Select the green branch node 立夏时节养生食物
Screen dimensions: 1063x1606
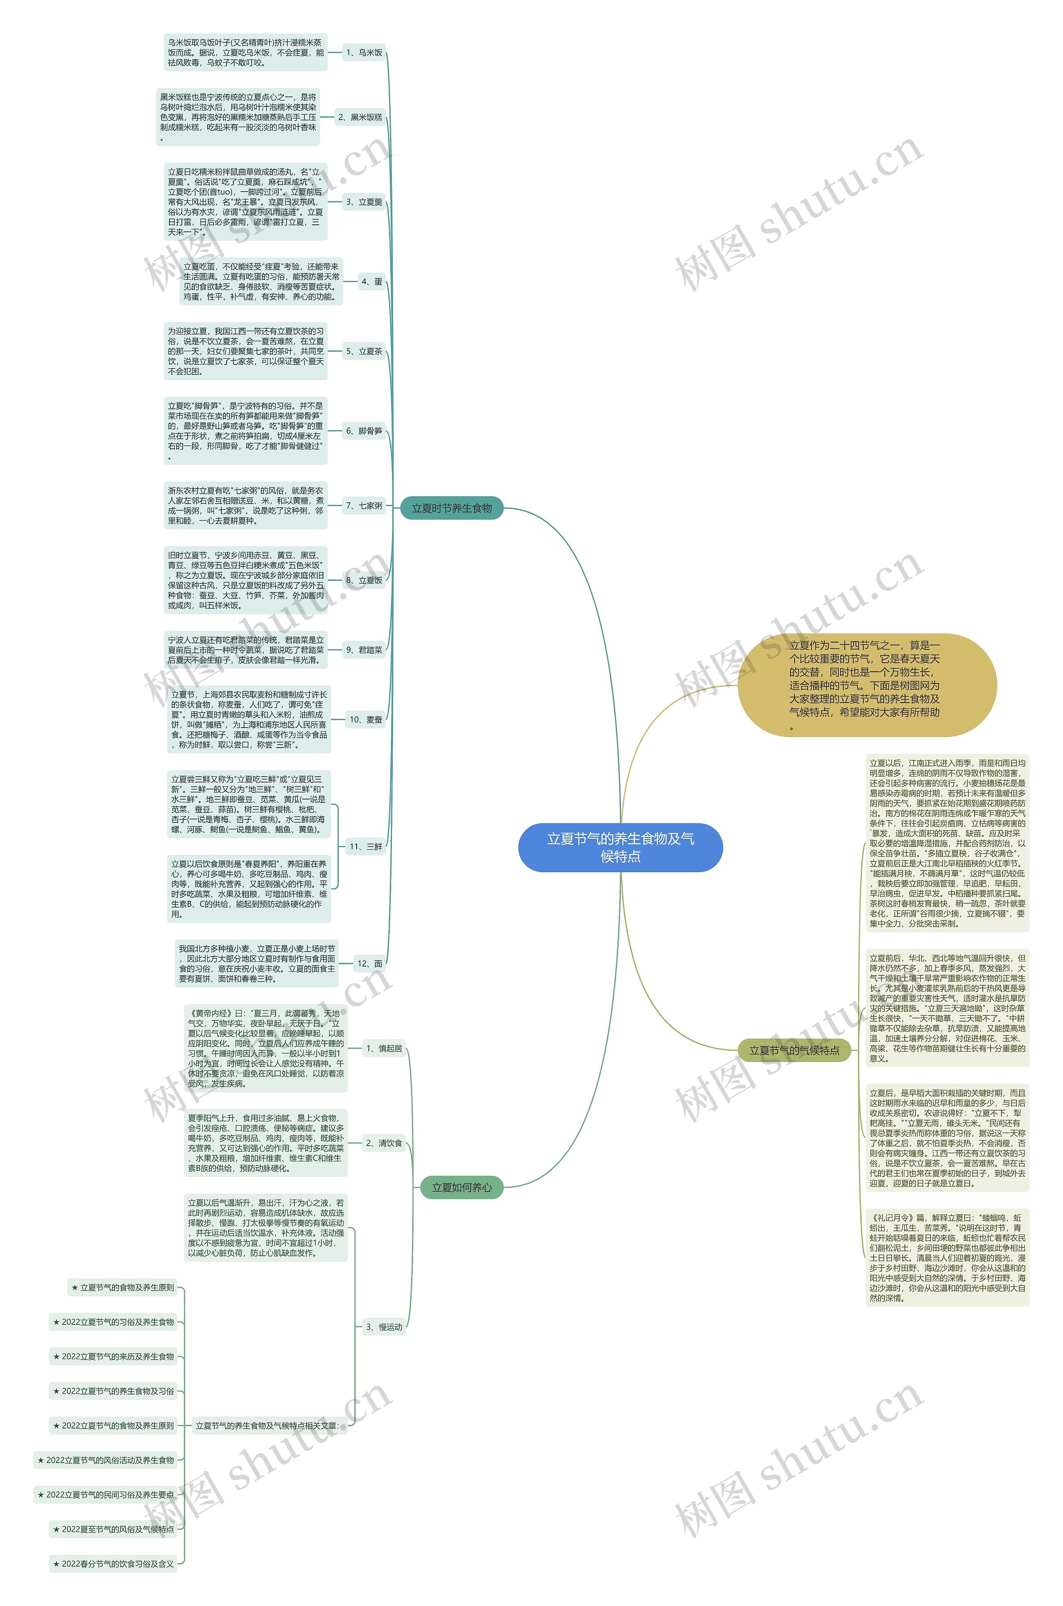coord(451,508)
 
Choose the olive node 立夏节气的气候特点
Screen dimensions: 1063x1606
coord(794,1050)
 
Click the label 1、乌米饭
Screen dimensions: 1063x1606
coord(364,52)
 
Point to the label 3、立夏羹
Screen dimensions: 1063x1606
coord(364,202)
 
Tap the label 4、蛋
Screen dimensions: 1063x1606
coord(372,281)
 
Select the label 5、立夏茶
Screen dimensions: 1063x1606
coord(364,351)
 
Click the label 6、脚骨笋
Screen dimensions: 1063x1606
coord(364,430)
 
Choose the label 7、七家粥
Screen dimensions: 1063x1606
coord(364,505)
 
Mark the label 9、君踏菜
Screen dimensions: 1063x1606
coord(364,650)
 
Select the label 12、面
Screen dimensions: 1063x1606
coord(370,963)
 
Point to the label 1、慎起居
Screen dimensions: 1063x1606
coord(384,1048)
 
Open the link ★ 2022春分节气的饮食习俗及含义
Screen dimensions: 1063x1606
coord(113,1564)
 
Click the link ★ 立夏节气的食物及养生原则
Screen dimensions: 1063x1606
coord(123,1287)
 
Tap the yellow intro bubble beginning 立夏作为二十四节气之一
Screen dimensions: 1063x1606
coord(867,685)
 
